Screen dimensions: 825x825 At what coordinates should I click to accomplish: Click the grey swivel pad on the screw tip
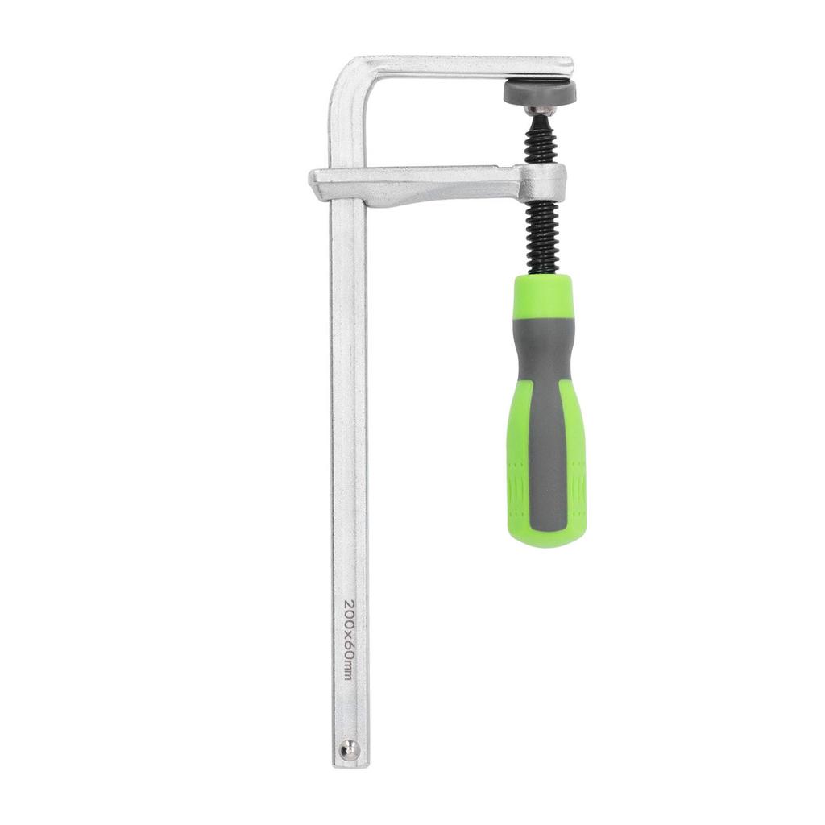pyautogui.click(x=540, y=93)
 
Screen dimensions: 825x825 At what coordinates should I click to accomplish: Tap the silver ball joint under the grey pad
pyautogui.click(x=541, y=110)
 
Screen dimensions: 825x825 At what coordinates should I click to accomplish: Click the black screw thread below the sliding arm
pyautogui.click(x=542, y=238)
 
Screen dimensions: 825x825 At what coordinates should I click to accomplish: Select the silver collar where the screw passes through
pyautogui.click(x=542, y=184)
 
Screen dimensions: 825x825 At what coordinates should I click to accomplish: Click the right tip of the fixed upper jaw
pyautogui.click(x=570, y=67)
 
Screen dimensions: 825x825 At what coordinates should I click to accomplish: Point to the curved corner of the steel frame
pyautogui.click(x=347, y=77)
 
